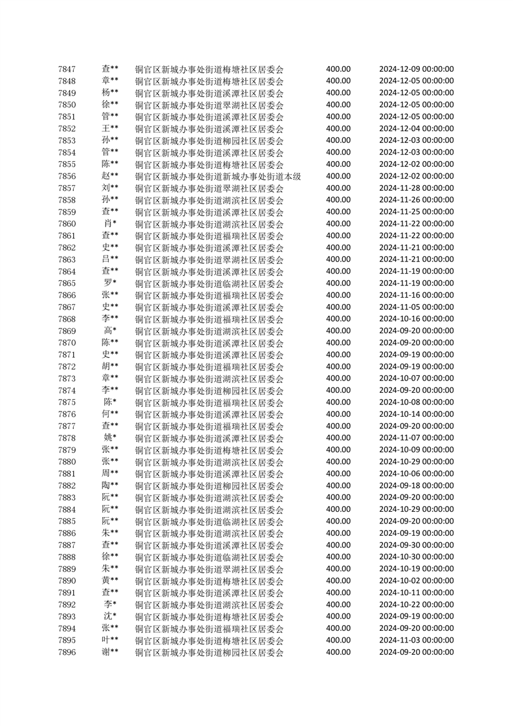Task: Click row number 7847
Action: point(67,69)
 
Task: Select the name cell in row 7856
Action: point(110,176)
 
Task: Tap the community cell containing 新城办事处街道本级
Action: point(217,176)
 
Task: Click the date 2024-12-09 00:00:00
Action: point(416,69)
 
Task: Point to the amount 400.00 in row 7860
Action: point(338,224)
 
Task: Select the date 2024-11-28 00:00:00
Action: point(416,188)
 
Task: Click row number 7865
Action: point(67,283)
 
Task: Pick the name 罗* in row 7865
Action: point(110,283)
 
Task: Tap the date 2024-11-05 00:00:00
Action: point(416,307)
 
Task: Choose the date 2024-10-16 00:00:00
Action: point(416,319)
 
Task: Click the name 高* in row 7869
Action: point(110,331)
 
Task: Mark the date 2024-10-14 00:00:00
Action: point(416,414)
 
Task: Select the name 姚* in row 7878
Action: point(110,438)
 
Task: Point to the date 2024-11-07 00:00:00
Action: point(416,438)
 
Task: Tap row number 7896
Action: point(67,652)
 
